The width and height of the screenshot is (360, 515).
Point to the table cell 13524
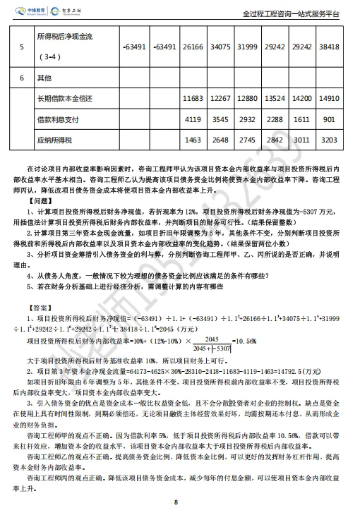coord(279,99)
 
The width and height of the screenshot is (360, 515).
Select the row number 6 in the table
coord(22,76)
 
